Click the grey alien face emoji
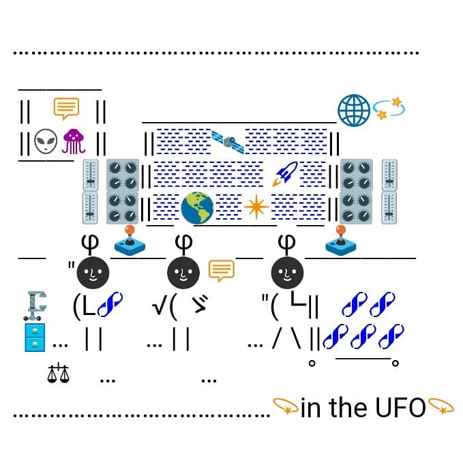[46, 142]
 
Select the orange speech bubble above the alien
[66, 108]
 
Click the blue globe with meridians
[354, 110]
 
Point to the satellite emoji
[228, 141]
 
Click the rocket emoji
[284, 174]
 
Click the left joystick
[129, 240]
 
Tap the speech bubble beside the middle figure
[220, 271]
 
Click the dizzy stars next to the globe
[389, 109]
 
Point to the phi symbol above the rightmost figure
[287, 241]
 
